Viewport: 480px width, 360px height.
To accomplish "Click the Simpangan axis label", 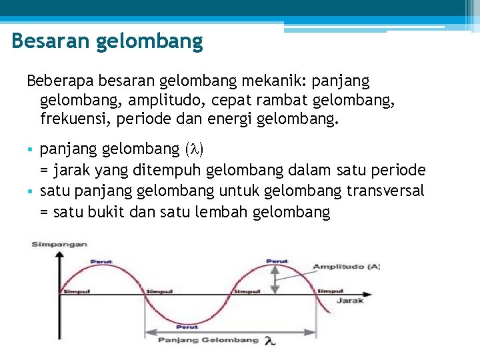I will [x=59, y=245].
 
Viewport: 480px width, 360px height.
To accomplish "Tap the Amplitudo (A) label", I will [x=347, y=267].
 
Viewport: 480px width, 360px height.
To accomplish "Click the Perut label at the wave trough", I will [x=187, y=327].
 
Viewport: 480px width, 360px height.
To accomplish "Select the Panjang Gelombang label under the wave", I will [x=208, y=340].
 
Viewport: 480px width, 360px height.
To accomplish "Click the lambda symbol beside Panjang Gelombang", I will [x=269, y=341].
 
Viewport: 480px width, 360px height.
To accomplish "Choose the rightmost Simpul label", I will [x=331, y=291].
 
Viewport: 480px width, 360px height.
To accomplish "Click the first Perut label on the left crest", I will [x=101, y=261].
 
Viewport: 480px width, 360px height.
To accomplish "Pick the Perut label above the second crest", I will [x=277, y=261].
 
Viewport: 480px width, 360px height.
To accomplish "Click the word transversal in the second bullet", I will [x=385, y=191].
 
